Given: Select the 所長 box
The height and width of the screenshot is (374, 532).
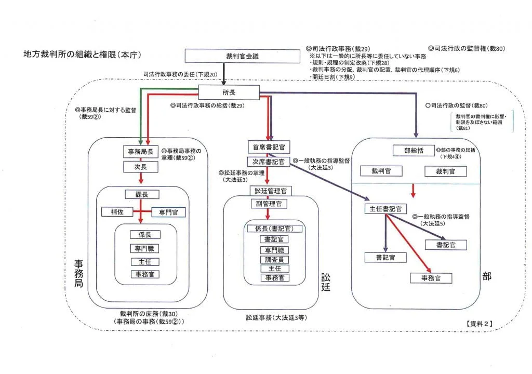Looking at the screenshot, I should coord(229,93).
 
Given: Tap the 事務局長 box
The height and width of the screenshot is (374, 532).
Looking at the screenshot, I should coord(140,152).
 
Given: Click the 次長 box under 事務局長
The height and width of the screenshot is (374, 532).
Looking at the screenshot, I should coord(140,167).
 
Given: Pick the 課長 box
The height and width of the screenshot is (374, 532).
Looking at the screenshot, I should coord(142,194).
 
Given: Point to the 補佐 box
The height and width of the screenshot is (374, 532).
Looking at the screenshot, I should coord(116,211).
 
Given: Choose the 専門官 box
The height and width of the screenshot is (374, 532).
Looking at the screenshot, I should coord(168,212).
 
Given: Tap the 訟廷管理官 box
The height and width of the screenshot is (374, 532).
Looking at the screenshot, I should coord(271,191).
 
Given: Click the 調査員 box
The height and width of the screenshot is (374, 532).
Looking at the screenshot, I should coord(275,259).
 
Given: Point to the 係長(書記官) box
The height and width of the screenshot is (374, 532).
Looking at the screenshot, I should coord(275,229).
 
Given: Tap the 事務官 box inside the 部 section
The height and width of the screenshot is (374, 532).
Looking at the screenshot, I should coord(431,278).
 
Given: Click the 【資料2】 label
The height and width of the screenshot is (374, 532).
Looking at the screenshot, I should coord(477,323).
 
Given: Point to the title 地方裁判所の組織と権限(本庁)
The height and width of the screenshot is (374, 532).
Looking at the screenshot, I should coord(82,54).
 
